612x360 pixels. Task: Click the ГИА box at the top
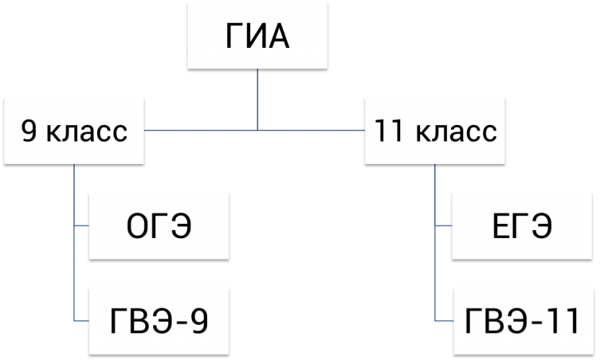tap(257, 36)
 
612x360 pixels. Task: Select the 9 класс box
tap(74, 131)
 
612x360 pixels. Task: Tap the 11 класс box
tap(435, 131)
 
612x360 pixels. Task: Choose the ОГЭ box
tap(159, 226)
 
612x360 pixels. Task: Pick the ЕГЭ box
tap(522, 226)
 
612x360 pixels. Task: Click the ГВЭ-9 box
tap(159, 322)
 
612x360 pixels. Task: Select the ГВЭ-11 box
tap(524, 322)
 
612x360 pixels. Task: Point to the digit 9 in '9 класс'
tap(29, 131)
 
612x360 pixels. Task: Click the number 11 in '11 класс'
tap(388, 131)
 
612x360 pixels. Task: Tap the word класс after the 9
tap(87, 133)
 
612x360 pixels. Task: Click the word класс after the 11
tap(457, 133)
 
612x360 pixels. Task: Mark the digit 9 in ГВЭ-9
tap(199, 322)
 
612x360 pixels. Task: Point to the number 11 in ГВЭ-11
tap(563, 322)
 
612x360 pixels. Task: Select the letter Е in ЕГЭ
tap(501, 226)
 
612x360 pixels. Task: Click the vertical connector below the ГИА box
tap(257, 100)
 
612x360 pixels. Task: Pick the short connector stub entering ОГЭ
tap(81, 225)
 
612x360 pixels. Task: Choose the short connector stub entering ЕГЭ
tap(443, 225)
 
